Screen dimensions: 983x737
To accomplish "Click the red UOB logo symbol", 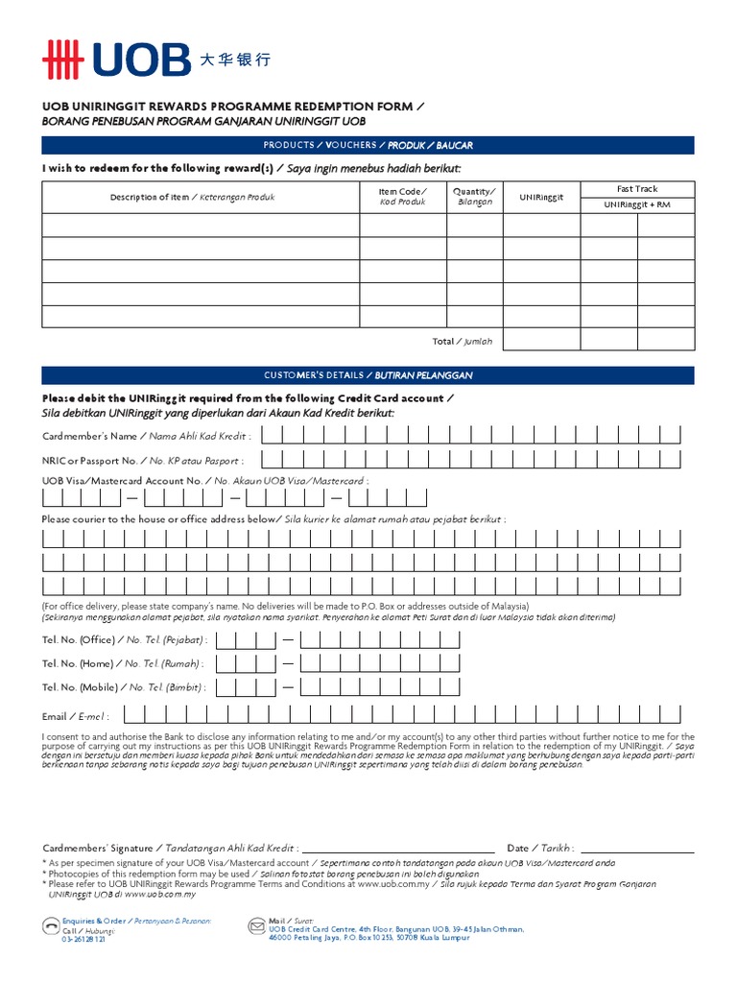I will (x=63, y=60).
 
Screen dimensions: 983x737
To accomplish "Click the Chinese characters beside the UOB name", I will (x=235, y=60).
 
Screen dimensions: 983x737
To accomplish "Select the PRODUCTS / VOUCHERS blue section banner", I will (x=368, y=145).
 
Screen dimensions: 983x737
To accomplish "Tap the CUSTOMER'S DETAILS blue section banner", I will (x=368, y=374).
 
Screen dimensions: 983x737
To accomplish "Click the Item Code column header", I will (x=402, y=196).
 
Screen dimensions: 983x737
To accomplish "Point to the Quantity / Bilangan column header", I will (x=474, y=196).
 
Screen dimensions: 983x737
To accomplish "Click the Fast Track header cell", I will (x=637, y=189).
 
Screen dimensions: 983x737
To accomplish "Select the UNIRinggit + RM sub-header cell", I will (x=637, y=205).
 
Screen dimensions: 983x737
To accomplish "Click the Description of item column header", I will (x=192, y=197).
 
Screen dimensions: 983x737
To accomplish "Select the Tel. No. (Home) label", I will (x=124, y=663).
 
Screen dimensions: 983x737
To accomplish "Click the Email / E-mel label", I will (x=76, y=716).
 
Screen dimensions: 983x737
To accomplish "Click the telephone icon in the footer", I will (x=50, y=926).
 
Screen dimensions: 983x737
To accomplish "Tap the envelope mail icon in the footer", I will (x=256, y=926).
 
